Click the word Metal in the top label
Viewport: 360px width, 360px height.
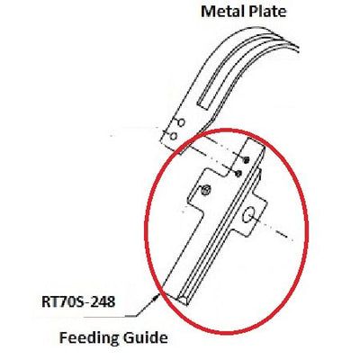tap(221, 12)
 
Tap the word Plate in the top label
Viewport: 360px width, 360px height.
tap(266, 12)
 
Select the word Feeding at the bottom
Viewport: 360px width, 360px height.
tap(85, 338)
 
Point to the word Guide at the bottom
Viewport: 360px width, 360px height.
tap(141, 337)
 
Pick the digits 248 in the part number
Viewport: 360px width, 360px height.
tap(103, 301)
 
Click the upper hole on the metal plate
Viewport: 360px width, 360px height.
tap(181, 122)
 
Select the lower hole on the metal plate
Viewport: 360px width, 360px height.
tap(173, 137)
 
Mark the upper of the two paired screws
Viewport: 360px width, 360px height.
tap(247, 160)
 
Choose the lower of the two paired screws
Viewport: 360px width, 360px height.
tap(238, 173)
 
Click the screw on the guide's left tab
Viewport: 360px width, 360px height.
tap(204, 190)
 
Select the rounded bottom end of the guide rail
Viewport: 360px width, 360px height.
tap(184, 301)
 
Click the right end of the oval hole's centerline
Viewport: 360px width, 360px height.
tap(292, 240)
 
